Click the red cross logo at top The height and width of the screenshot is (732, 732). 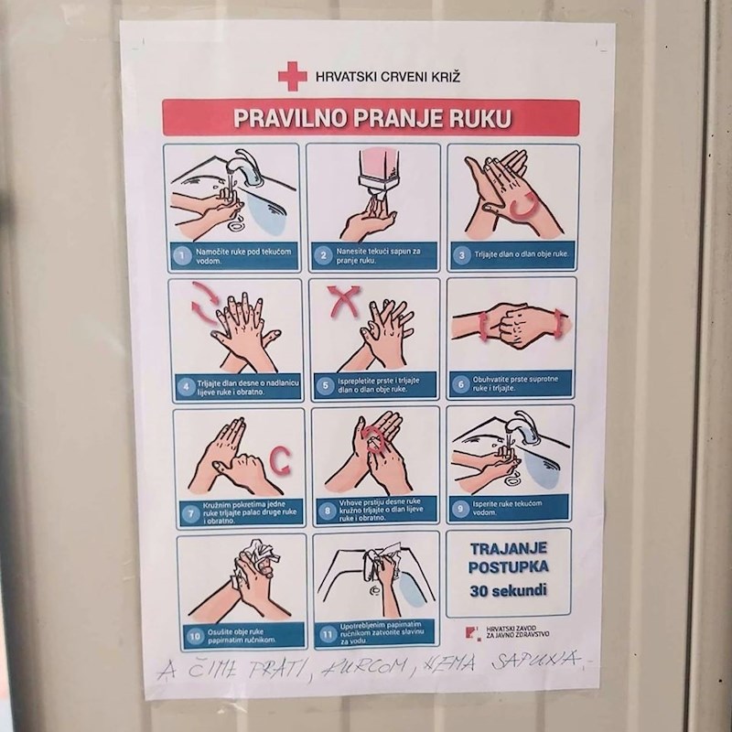click(293, 76)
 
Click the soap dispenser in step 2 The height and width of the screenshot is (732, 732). click(378, 170)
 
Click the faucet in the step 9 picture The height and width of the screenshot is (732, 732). click(524, 426)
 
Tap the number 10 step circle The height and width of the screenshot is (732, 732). click(195, 634)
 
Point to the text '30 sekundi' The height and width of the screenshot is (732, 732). click(508, 590)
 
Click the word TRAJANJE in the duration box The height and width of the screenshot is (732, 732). click(508, 548)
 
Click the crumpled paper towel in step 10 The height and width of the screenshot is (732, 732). click(256, 558)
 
